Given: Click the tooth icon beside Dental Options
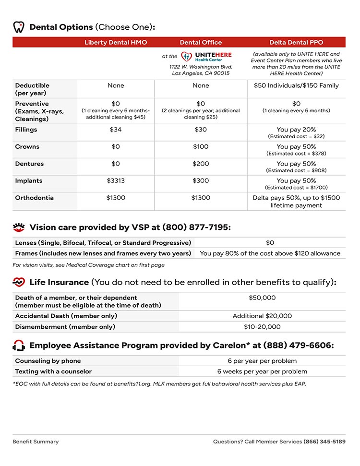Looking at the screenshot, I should coord(18,27).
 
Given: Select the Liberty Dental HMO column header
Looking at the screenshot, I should coord(116,43).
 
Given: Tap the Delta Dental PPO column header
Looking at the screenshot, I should coord(296,43).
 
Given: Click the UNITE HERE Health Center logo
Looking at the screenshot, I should coord(206,57).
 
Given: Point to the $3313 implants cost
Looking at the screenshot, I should coord(116,181).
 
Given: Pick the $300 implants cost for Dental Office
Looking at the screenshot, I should coord(201,181).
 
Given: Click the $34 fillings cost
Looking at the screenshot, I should coord(116,130).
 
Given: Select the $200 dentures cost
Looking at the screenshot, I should coord(201,164).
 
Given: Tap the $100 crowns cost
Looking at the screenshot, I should coord(201,147).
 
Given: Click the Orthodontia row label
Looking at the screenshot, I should coord(34,198).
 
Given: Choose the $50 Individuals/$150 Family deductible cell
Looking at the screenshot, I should coord(296,85).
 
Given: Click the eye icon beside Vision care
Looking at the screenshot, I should coord(19,227).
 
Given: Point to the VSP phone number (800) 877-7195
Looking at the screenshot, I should coord(196,227).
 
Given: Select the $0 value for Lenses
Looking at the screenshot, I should coord(270,243).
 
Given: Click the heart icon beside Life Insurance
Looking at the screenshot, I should coord(19,282).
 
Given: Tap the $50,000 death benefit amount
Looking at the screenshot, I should coord(262,298).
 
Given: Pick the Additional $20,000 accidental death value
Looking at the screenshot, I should coord(262,316).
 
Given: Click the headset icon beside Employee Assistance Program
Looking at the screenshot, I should coord(19,346).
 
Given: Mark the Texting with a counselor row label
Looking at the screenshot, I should coord(53,371).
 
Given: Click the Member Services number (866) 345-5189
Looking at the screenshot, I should coord(324,442).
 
